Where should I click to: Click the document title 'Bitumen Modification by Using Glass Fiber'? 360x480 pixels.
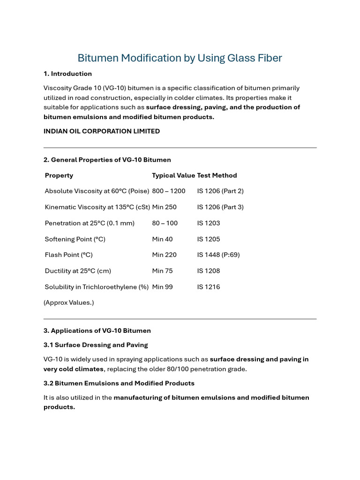tap(180, 58)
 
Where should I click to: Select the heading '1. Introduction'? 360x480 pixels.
tap(67, 74)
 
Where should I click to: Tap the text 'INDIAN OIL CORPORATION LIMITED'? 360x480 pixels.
tap(101, 131)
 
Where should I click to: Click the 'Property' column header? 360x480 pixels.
tap(59, 175)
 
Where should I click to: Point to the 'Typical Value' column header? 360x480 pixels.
tap(173, 175)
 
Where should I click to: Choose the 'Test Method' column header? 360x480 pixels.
tap(217, 175)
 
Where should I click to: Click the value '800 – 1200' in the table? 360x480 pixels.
tap(169, 191)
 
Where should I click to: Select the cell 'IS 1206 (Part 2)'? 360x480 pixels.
tap(220, 191)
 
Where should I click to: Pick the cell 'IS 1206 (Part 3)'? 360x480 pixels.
tap(220, 207)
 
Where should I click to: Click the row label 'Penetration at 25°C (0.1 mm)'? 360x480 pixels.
tap(90, 223)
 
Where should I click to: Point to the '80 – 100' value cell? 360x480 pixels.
tap(165, 223)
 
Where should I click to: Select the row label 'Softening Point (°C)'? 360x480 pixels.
tap(75, 239)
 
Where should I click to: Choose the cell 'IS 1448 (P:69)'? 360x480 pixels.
tap(218, 255)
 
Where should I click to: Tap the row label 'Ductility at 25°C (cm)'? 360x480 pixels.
tap(78, 271)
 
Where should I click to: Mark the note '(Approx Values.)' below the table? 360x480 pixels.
tap(69, 303)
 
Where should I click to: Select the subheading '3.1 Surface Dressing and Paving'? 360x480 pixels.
tap(96, 345)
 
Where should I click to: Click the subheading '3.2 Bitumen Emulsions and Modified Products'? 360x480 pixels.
tap(119, 383)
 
